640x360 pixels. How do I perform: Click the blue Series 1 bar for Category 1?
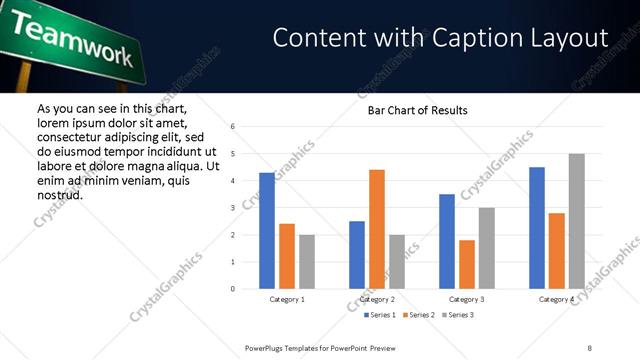[x=267, y=231]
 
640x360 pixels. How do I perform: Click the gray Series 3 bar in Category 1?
[x=307, y=262]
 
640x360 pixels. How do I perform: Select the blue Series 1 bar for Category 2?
[x=357, y=255]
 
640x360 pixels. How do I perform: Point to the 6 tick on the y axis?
[x=232, y=127]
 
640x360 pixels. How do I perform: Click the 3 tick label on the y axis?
[x=232, y=208]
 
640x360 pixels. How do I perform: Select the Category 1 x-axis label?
[x=287, y=299]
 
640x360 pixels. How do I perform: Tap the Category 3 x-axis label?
[x=467, y=299]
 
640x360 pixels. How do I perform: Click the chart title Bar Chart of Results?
[x=411, y=110]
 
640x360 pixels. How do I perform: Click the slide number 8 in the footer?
[x=590, y=348]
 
